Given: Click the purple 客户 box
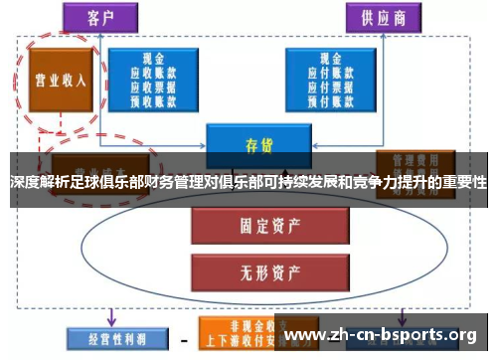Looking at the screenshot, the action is [x=104, y=19].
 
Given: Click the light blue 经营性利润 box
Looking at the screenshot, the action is [x=106, y=337].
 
